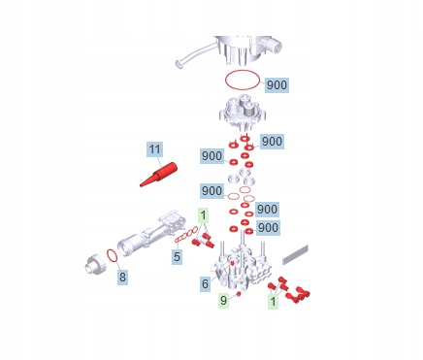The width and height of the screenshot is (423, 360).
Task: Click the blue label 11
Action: (154, 149)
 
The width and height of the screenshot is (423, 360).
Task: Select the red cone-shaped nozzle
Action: (159, 175)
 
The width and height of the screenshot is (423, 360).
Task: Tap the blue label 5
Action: (177, 256)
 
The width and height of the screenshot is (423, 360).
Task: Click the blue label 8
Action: (122, 278)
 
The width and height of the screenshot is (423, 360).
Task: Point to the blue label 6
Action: (205, 283)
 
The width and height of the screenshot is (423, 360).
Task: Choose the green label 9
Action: (223, 300)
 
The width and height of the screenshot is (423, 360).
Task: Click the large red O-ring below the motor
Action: (243, 80)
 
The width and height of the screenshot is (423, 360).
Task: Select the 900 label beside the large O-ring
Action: (277, 85)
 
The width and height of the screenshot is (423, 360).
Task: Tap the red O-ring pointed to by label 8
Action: (112, 255)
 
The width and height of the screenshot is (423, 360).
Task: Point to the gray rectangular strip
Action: (295, 254)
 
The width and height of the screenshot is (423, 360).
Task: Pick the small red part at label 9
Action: (239, 293)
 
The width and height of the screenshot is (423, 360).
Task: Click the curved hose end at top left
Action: (179, 64)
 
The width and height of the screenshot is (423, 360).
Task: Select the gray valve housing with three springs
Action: (243, 112)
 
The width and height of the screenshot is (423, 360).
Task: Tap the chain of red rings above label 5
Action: (186, 235)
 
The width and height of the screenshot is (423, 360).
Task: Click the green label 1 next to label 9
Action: (273, 301)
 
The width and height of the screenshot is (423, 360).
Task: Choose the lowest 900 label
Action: (268, 228)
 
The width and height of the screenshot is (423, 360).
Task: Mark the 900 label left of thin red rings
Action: (211, 191)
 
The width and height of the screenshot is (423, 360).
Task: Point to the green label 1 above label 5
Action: (203, 214)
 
